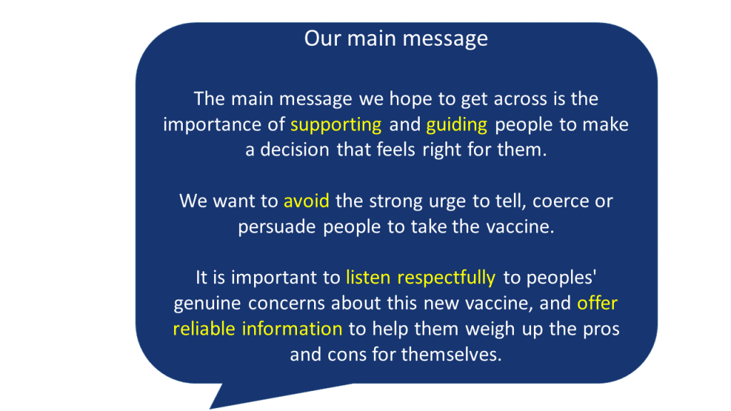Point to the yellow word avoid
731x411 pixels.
306,201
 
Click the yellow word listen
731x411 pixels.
368,278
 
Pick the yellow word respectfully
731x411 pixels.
446,278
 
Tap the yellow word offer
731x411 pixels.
598,303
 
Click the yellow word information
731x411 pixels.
292,328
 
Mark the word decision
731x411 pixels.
295,150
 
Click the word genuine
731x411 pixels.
207,304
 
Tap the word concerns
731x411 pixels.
287,304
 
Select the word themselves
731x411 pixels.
451,354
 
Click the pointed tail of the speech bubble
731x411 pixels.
211,408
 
